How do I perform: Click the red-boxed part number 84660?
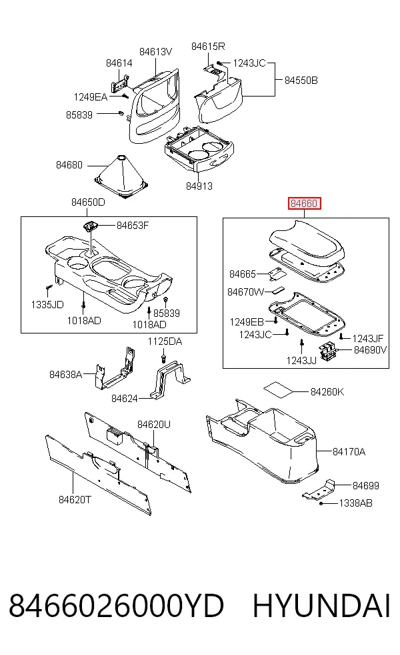tap(304, 204)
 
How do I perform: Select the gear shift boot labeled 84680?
tap(121, 176)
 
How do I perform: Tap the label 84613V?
tap(155, 52)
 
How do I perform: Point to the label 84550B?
tap(301, 80)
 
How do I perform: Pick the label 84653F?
tap(133, 226)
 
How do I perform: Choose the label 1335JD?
tap(47, 304)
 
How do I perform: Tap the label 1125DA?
tap(165, 341)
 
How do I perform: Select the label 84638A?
tap(66, 374)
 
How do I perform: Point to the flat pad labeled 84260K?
tap(278, 390)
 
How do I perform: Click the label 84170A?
tap(349, 451)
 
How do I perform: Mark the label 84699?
tap(366, 485)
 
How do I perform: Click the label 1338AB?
tap(355, 503)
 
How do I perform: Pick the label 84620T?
tap(75, 500)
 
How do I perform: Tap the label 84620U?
tap(154, 425)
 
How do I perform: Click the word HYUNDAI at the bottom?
tap(321, 606)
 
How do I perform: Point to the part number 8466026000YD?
tap(116, 606)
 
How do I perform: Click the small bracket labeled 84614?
tap(119, 84)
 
